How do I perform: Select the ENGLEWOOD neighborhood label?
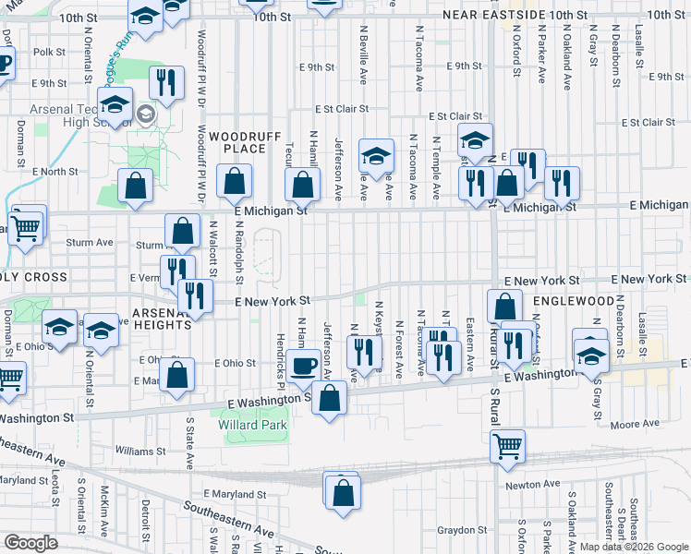[x=572, y=301]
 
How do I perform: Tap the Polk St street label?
[x=48, y=53]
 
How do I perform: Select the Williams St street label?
[x=140, y=452]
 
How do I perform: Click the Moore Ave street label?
[x=636, y=424]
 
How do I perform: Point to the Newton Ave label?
[x=531, y=484]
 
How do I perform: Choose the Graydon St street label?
[x=463, y=530]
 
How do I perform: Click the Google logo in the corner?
[x=30, y=543]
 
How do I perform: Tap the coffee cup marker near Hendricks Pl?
[x=302, y=366]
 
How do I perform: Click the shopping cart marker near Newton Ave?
[x=507, y=445]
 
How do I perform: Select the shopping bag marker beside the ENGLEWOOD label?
[x=505, y=306]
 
